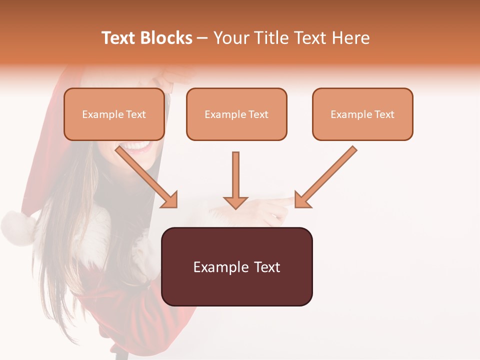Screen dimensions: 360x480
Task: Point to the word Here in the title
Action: (350, 38)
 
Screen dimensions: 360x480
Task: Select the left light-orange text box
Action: (114, 114)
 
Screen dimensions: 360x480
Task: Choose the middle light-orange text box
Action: (236, 114)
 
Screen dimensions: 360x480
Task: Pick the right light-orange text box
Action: (362, 114)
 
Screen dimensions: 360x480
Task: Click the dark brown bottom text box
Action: (236, 267)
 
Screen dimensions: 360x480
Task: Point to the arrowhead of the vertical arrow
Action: (235, 202)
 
